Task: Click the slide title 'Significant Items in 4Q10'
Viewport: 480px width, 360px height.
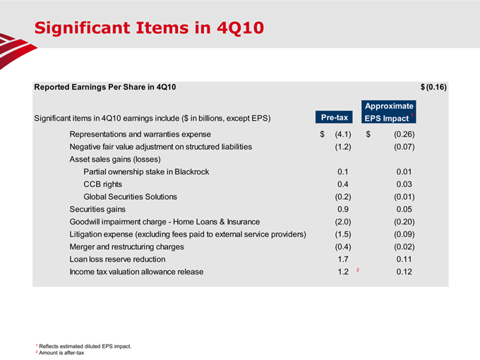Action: click(149, 28)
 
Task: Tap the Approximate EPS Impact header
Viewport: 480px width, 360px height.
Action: click(387, 112)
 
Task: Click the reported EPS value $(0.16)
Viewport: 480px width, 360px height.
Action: click(433, 87)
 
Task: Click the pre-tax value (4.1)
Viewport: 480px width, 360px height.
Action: click(343, 133)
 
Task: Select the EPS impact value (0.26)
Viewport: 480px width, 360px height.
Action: click(404, 133)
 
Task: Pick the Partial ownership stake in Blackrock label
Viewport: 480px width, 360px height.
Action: click(146, 172)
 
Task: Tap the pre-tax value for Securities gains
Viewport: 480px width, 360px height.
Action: click(343, 210)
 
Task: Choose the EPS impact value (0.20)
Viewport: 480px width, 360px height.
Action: click(404, 222)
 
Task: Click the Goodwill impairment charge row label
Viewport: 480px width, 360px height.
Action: click(164, 222)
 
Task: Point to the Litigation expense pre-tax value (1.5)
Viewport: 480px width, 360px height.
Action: click(343, 234)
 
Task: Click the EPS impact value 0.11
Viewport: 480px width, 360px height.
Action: click(404, 260)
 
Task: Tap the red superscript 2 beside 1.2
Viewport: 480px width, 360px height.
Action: click(359, 270)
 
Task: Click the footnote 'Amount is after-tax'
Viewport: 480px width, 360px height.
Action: click(62, 353)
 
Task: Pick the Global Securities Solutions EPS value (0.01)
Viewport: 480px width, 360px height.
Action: click(404, 197)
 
